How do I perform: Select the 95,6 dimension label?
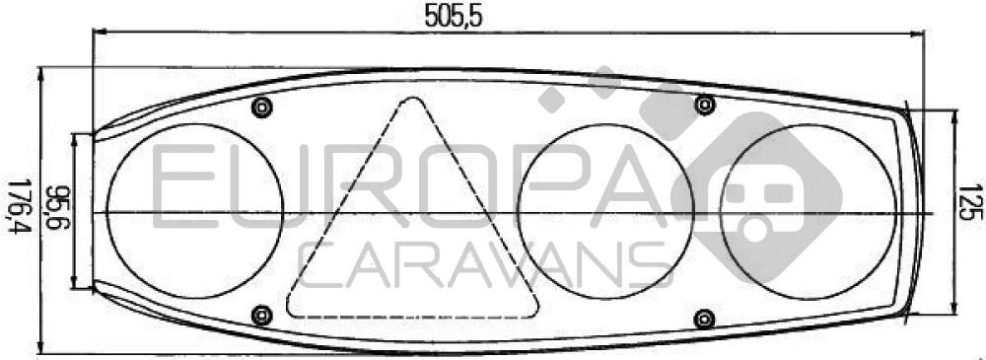[61, 208]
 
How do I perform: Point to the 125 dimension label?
[972, 203]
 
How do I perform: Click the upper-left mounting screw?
[261, 107]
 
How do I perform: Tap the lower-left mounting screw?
[261, 315]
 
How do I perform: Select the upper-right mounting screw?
[706, 105]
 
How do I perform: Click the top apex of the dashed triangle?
[413, 98]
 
